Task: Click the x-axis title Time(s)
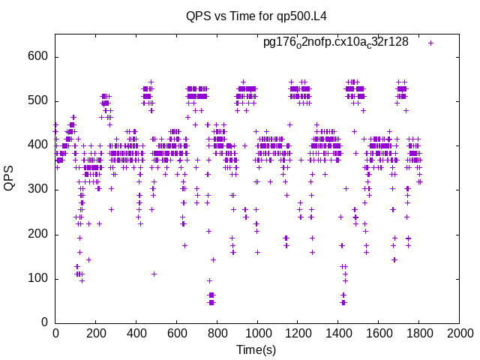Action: coord(256,349)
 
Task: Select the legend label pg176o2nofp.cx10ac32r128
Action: coord(335,43)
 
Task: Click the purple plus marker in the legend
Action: coord(430,43)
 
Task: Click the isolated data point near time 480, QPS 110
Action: coord(154,274)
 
